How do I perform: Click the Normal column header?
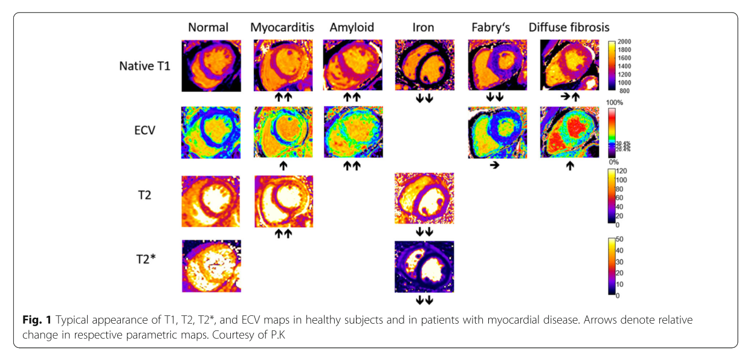(208, 27)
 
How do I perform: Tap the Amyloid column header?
(352, 27)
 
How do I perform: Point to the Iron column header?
(423, 27)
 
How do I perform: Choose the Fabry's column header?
(493, 27)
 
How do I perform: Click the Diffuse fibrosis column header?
(569, 27)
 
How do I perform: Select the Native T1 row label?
(145, 66)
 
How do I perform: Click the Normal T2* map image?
(212, 266)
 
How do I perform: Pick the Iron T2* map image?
(424, 266)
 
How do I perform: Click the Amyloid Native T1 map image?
(352, 65)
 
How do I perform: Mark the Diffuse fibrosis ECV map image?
(569, 133)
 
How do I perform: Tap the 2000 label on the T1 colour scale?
(625, 42)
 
